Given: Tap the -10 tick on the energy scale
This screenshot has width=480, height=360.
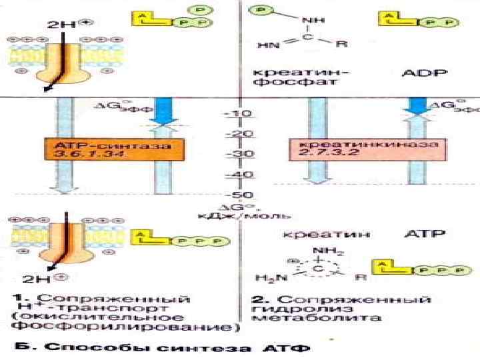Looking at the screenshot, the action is click(x=238, y=114).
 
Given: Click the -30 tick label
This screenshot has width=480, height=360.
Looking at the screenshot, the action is click(x=238, y=154).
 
